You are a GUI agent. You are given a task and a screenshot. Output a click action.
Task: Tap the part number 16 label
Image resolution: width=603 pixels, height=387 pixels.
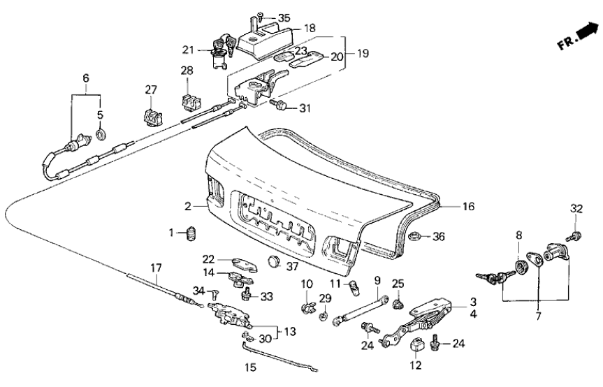tap(467, 206)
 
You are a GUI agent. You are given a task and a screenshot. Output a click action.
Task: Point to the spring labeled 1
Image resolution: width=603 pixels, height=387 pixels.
tap(191, 235)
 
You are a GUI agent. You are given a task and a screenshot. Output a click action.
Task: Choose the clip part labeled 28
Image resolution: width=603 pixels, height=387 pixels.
tap(188, 100)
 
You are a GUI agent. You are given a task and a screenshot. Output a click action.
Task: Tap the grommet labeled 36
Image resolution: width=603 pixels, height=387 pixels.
tap(414, 236)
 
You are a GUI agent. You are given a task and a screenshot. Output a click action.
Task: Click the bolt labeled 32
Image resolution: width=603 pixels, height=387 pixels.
tap(576, 236)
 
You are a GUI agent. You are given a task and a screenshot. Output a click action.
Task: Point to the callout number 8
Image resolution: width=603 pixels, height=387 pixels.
tap(518, 236)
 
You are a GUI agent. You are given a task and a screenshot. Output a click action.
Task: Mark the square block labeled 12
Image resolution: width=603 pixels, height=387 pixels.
tap(416, 344)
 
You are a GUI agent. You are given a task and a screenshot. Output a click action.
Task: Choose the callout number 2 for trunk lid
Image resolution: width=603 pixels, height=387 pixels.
tap(187, 206)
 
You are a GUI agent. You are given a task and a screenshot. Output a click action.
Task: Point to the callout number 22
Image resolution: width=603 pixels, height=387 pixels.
tap(208, 259)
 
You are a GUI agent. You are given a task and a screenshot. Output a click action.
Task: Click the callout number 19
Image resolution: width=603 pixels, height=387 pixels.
tap(363, 52)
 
